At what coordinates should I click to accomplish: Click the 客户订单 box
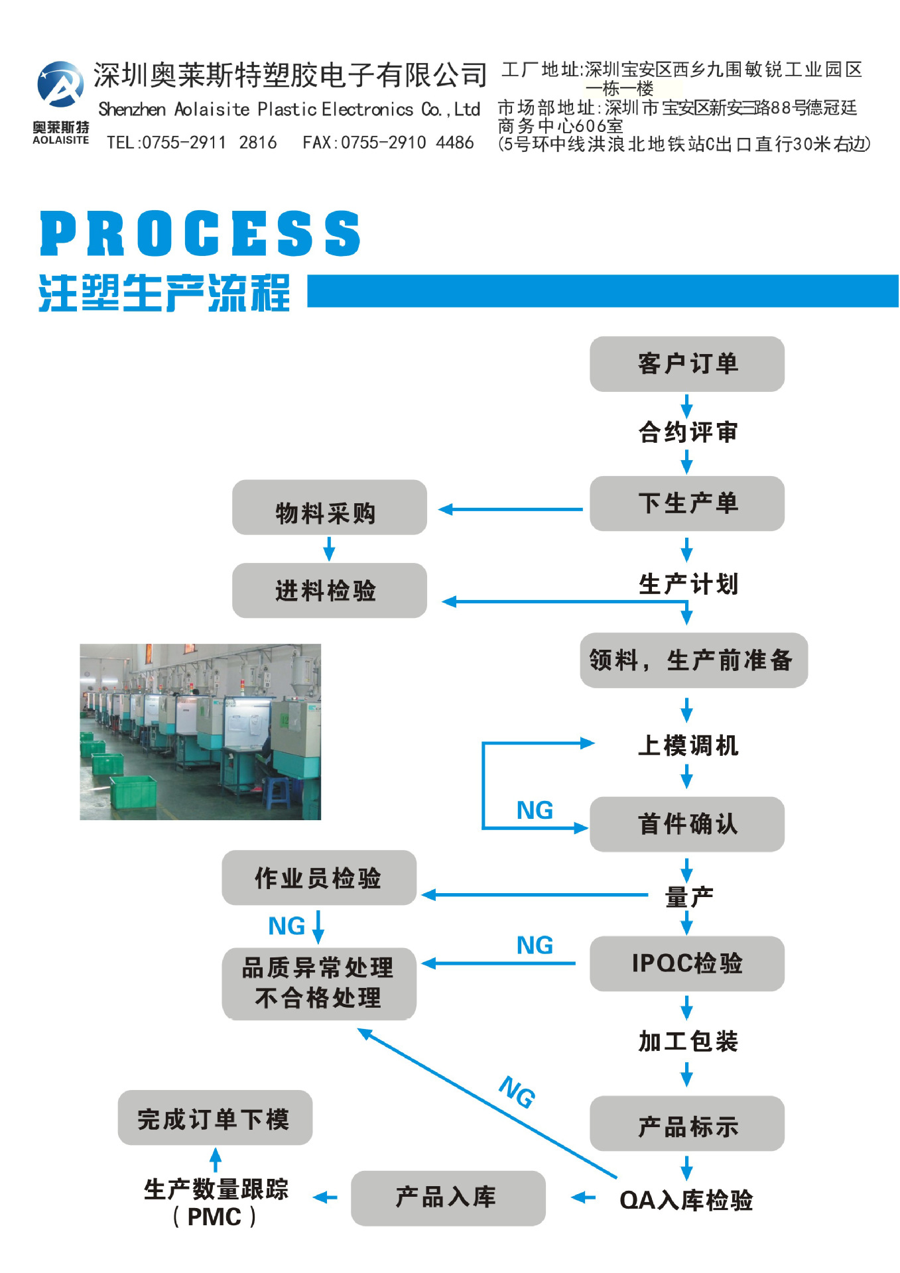click(686, 364)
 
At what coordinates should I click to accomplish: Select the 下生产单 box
click(686, 503)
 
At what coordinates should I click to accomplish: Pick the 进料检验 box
click(329, 591)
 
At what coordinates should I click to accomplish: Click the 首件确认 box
click(686, 824)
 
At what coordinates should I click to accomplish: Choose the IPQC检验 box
click(686, 963)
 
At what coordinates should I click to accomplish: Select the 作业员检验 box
click(318, 878)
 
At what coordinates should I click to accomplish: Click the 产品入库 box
click(448, 1197)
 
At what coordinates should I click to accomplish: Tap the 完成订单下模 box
click(215, 1119)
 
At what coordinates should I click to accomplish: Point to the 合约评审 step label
click(688, 432)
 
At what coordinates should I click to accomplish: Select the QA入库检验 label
click(686, 1200)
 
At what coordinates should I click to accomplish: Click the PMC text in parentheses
click(214, 1217)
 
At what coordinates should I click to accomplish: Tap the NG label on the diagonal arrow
click(517, 1091)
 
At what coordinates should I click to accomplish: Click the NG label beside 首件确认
click(535, 810)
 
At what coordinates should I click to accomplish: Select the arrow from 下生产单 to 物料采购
click(511, 509)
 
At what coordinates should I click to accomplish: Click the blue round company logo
click(60, 85)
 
